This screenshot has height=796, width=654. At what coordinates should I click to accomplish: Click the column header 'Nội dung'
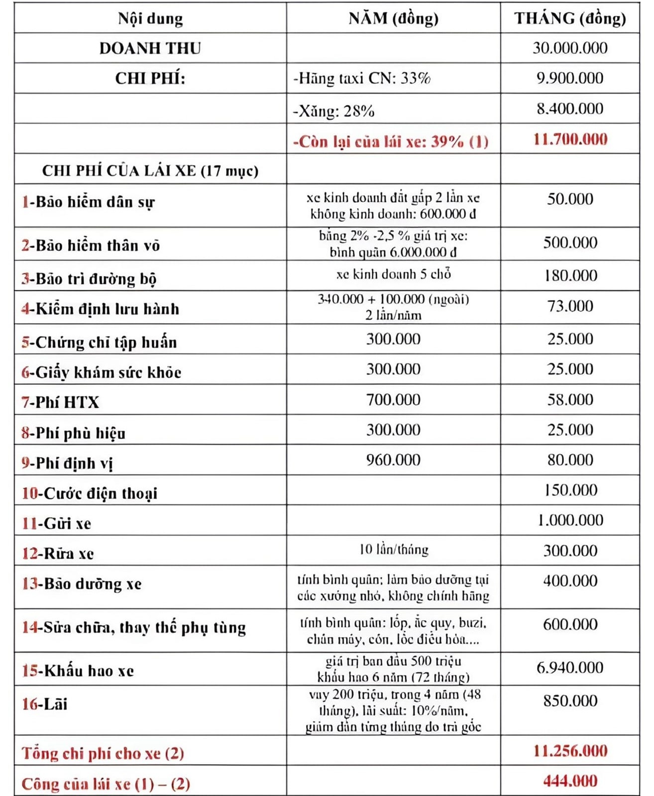(150, 19)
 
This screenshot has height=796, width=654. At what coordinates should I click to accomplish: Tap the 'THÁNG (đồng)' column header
(570, 19)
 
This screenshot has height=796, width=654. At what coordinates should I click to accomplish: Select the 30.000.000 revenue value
(570, 48)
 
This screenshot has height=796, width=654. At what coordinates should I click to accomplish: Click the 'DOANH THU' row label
(150, 48)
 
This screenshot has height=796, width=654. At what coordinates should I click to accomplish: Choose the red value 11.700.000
(570, 139)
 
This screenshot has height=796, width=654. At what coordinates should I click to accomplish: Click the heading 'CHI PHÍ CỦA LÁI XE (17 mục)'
(150, 171)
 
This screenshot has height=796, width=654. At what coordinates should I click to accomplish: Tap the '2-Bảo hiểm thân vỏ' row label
(91, 245)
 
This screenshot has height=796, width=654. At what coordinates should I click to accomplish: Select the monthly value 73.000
(570, 306)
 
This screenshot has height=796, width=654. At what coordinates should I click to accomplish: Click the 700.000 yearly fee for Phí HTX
(393, 400)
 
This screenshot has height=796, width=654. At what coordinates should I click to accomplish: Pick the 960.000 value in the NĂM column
(393, 460)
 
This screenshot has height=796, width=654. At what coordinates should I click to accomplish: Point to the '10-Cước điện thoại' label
(90, 493)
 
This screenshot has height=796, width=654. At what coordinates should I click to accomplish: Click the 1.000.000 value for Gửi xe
(570, 521)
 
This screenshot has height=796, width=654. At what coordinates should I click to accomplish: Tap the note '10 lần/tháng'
(393, 550)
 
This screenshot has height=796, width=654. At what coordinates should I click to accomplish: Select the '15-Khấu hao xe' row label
(78, 671)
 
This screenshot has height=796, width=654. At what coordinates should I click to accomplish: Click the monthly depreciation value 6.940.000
(570, 668)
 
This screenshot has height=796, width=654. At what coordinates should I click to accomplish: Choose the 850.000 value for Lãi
(570, 701)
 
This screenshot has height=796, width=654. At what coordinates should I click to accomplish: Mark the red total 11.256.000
(570, 751)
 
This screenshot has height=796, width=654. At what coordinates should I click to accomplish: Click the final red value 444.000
(570, 781)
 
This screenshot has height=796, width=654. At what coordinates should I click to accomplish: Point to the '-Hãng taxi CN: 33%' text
(362, 79)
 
